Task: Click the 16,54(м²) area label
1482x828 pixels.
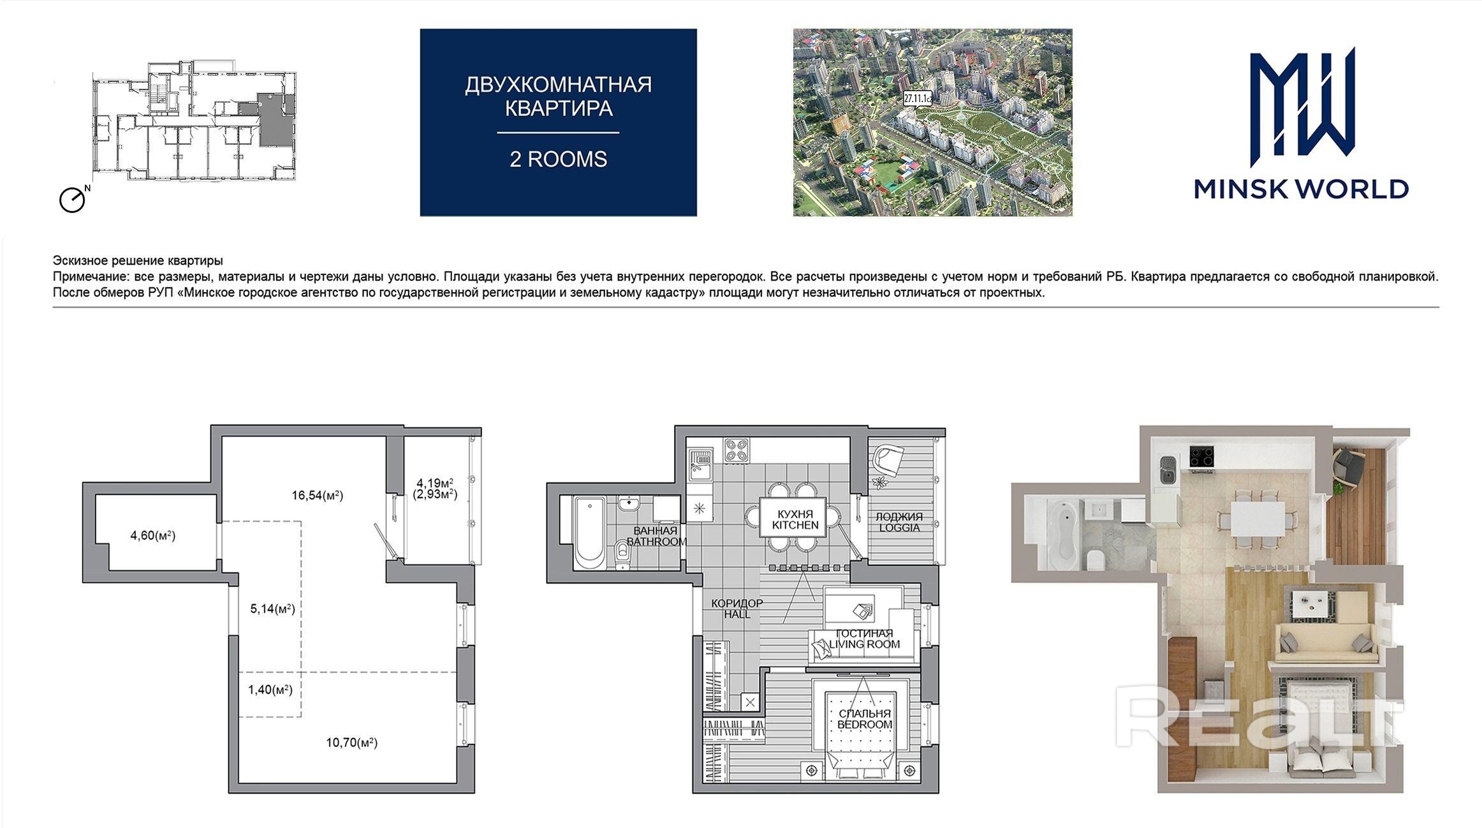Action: coord(318,495)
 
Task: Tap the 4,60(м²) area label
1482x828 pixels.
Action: coord(153,535)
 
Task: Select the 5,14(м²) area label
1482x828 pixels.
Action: coord(272,609)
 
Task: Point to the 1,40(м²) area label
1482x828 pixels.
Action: coord(270,690)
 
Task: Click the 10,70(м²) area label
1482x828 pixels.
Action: coord(351,743)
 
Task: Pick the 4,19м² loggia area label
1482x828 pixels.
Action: coord(435,482)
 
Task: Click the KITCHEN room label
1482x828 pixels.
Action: coord(795,526)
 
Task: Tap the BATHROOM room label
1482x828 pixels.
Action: coord(657,542)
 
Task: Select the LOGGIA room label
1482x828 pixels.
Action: coord(899,528)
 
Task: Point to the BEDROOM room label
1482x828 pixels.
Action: coord(864,725)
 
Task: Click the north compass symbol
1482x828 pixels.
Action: coord(73,200)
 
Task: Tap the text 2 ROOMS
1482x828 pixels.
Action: coord(558,159)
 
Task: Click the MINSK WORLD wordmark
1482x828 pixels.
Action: coord(1301,189)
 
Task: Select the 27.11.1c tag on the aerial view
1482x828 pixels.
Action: coord(918,98)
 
